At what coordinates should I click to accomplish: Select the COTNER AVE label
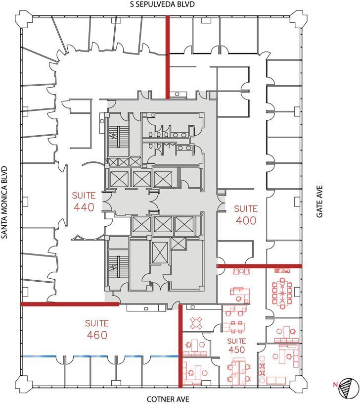tap(168, 399)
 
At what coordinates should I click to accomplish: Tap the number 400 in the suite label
tap(246, 221)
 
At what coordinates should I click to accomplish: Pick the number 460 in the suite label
tap(96, 335)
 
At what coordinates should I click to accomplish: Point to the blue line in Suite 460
tap(99, 356)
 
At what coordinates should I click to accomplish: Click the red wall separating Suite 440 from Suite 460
tap(69, 303)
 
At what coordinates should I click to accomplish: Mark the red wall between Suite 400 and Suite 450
tap(259, 266)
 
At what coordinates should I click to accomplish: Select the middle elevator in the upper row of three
tap(141, 179)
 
